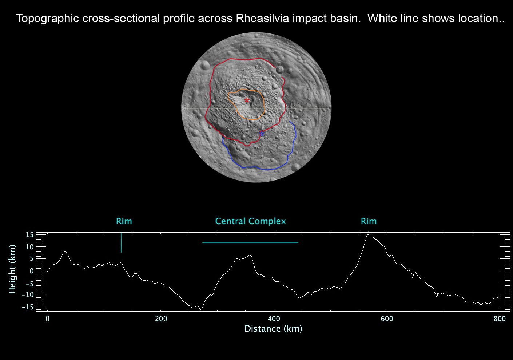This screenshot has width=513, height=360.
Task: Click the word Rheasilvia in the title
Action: coord(262,19)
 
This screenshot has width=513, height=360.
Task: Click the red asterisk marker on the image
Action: coord(247,100)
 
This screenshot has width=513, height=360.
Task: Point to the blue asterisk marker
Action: coord(262,134)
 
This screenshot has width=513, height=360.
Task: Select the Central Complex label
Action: coord(251,221)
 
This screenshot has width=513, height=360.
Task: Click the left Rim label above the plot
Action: coord(124,221)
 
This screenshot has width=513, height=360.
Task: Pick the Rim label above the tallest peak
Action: coord(369,221)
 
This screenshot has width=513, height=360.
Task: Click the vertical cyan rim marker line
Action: coord(122,243)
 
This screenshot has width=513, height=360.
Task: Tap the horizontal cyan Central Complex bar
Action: coord(250,243)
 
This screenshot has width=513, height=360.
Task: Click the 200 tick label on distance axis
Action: coord(161,319)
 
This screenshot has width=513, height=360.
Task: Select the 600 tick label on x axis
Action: coord(387,319)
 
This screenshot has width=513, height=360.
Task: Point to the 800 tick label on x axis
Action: coord(500,319)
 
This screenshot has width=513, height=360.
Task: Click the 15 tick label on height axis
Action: coord(30,235)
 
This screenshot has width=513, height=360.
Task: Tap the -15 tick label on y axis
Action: coord(28,307)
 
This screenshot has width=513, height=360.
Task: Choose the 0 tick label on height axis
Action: coord(32,271)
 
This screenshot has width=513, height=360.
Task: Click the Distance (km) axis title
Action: coord(274,329)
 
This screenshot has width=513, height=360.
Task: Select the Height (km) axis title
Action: coord(12,269)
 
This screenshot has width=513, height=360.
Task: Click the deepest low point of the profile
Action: coord(201,309)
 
